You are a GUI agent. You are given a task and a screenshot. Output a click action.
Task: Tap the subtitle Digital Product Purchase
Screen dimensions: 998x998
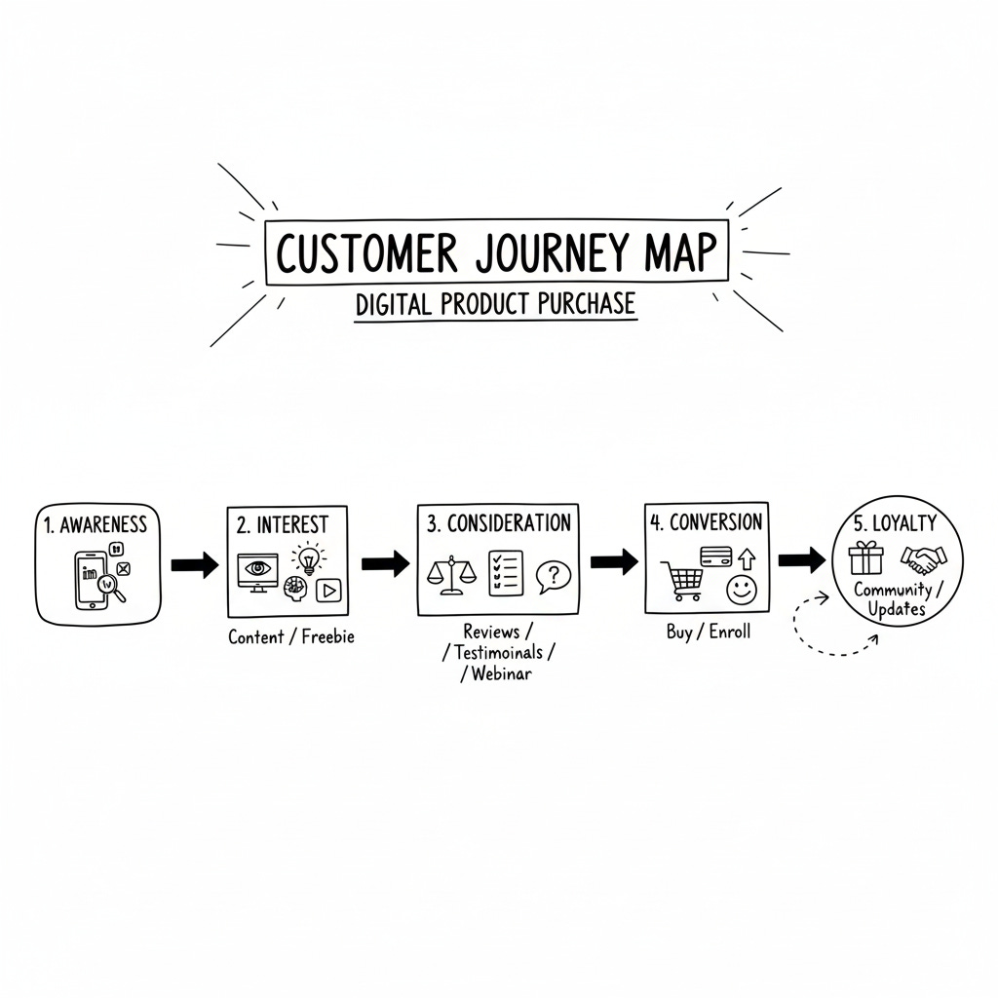[x=495, y=303]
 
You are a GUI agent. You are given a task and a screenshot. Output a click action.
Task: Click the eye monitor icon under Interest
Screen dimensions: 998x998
[x=257, y=568]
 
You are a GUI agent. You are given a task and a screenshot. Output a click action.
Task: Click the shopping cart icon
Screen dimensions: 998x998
[x=683, y=580]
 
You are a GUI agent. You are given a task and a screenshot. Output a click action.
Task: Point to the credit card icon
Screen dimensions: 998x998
[x=715, y=554]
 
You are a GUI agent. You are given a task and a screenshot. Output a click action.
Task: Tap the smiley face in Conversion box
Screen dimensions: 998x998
[x=741, y=589]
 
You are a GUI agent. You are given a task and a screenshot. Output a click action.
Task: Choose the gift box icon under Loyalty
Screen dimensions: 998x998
[x=865, y=558]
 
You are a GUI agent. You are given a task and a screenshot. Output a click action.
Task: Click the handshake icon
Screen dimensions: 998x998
[x=923, y=557]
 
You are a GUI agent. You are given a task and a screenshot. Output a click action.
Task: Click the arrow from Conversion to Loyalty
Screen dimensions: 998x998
[x=801, y=559]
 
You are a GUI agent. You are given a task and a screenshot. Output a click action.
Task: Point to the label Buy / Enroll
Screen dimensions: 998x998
[x=709, y=632]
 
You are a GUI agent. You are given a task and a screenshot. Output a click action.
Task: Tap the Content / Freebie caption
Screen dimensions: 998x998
[x=291, y=637]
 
